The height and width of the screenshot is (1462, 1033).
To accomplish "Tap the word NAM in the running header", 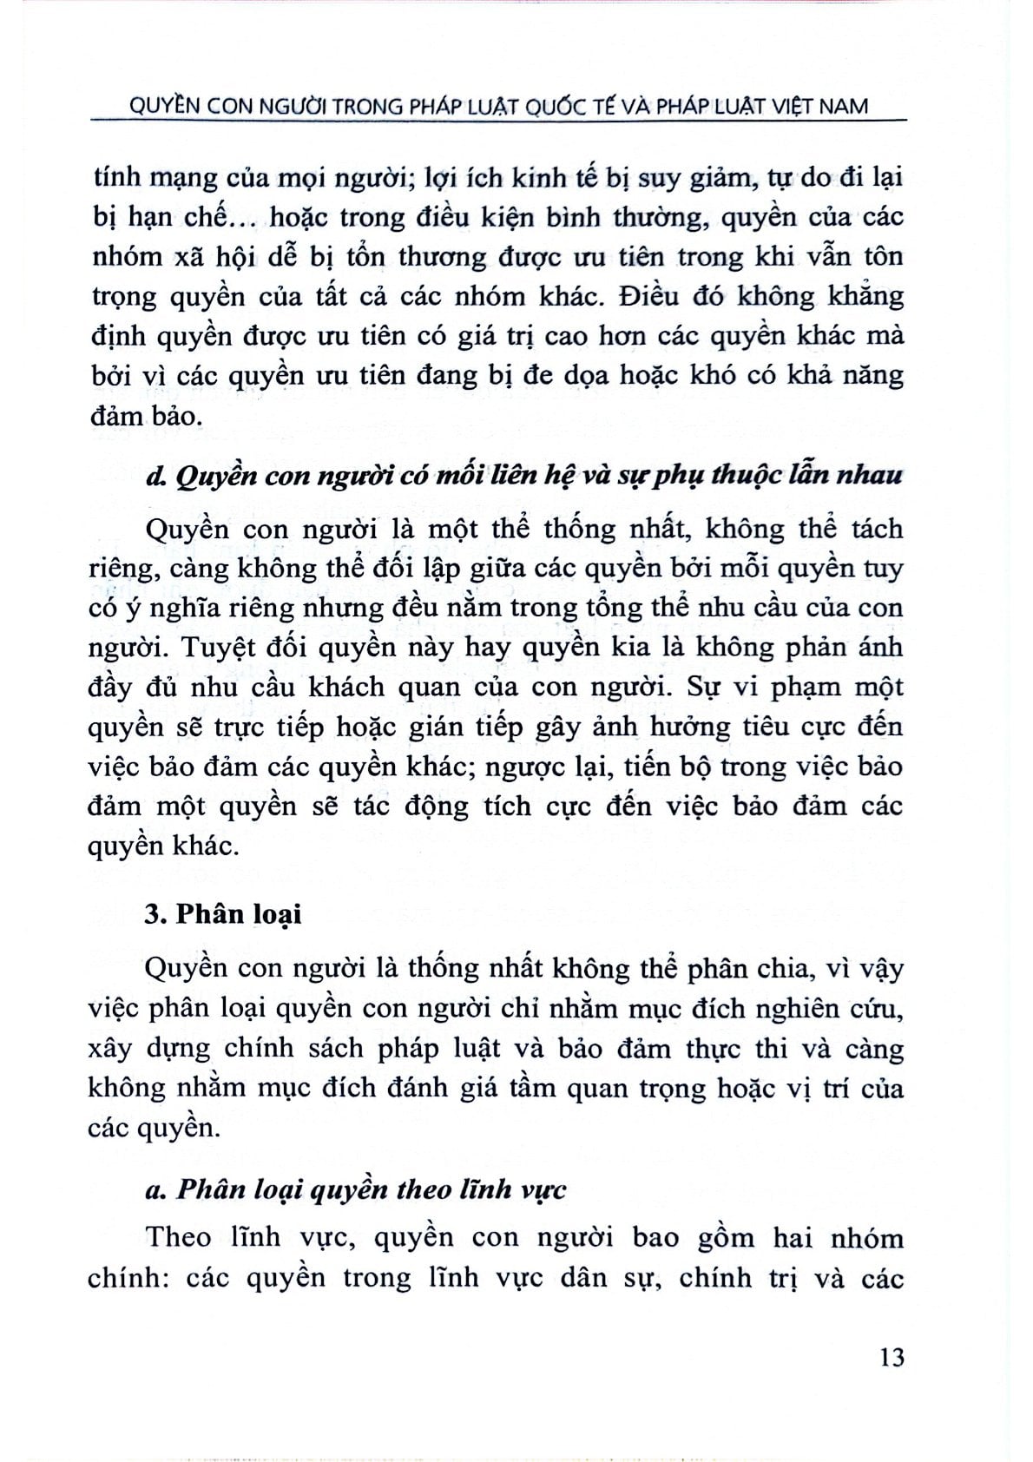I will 840,106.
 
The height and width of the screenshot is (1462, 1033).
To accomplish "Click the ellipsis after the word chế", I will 247,217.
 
